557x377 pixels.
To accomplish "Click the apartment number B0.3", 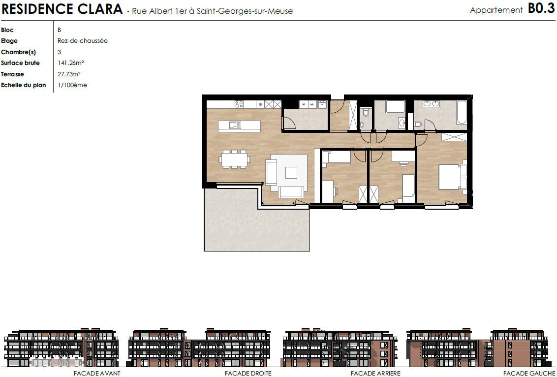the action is point(541,8).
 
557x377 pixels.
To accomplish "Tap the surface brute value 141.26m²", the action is point(71,63).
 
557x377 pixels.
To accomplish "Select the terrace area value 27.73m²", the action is point(69,74).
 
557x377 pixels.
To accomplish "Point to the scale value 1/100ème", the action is point(72,85).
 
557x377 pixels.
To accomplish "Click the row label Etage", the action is point(9,41).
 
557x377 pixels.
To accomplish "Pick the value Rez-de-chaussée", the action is point(82,41).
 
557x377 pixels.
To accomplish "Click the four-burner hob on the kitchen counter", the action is point(239,104).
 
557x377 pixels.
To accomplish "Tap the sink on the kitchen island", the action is point(235,125).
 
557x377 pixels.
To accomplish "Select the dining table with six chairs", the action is point(234,159).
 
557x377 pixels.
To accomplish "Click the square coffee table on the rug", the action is point(291,173).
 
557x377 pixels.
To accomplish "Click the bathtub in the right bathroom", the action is point(462,113).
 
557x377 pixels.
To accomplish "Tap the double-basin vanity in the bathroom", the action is point(431,104).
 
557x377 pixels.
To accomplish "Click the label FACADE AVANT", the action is point(97,373).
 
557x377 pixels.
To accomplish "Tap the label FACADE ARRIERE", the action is point(375,373).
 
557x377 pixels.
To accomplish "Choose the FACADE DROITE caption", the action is point(248,373).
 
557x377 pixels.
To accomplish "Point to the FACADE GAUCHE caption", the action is point(529,373).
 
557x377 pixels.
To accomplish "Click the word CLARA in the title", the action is point(100,9).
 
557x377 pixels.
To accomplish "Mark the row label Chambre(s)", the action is point(19,52).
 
